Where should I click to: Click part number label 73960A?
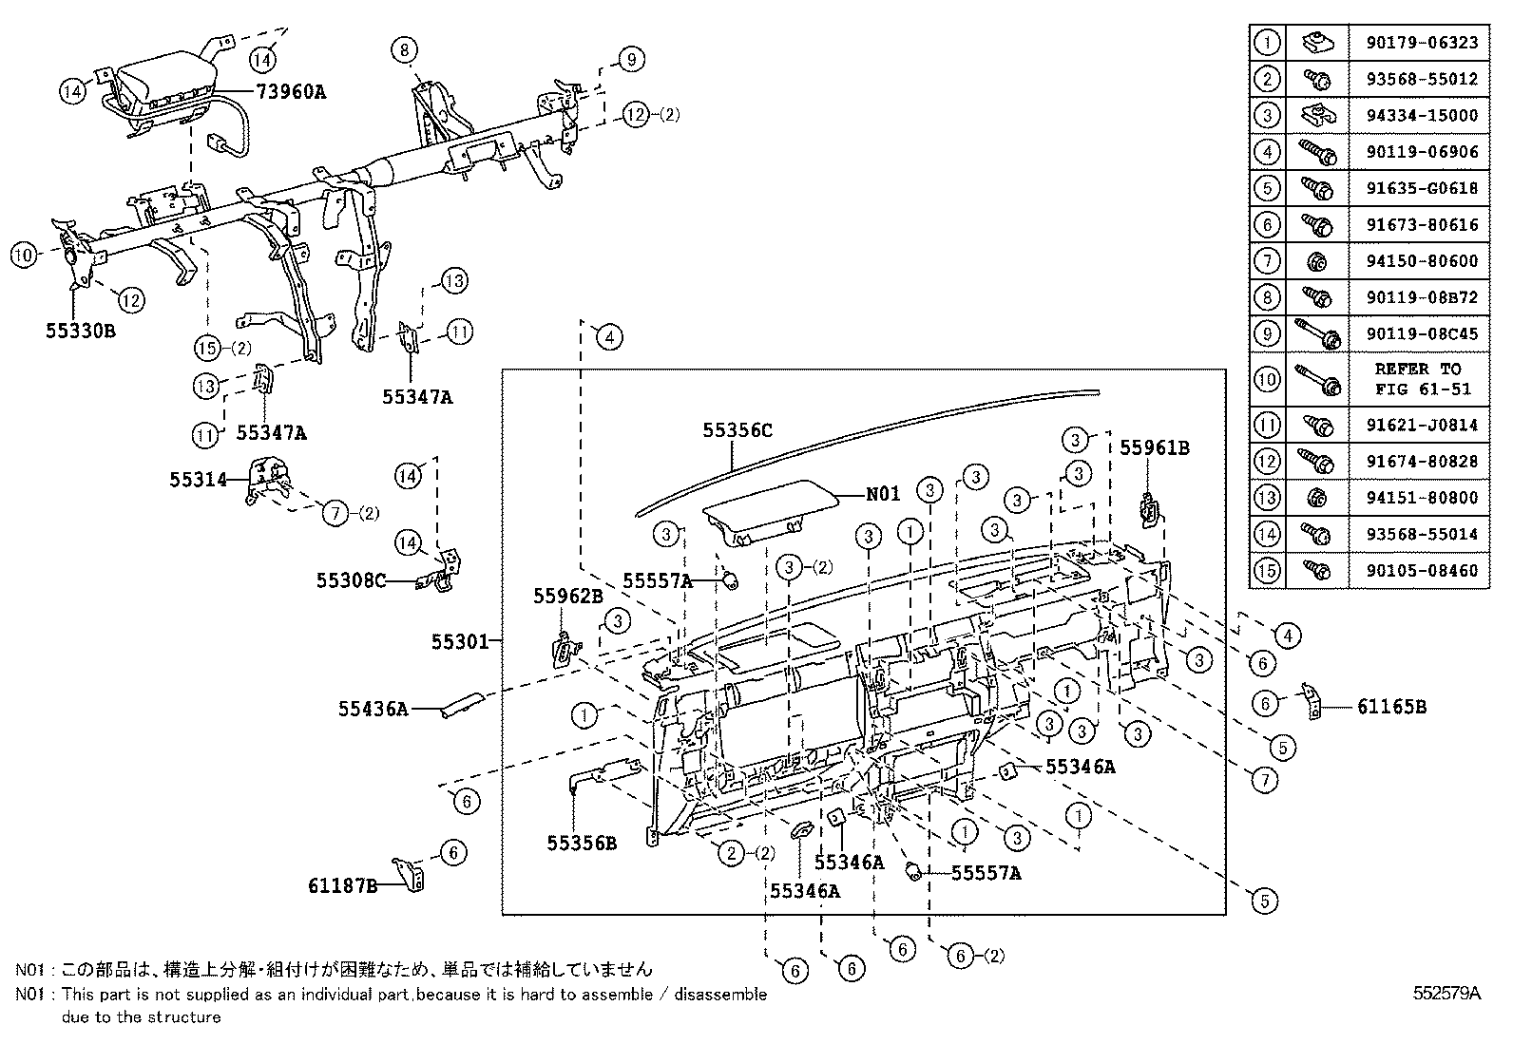(x=290, y=92)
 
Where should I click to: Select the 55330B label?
(x=80, y=331)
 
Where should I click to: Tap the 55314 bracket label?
(x=199, y=480)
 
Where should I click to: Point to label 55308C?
(x=351, y=579)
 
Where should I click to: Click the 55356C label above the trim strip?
(x=737, y=430)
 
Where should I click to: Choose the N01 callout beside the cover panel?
(x=882, y=495)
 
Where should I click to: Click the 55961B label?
(x=1154, y=447)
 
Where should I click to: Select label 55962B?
(x=568, y=596)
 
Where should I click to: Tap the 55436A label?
(x=373, y=708)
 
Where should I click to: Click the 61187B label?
(x=342, y=885)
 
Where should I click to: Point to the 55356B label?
(x=582, y=843)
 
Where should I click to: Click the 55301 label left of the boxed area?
(x=460, y=642)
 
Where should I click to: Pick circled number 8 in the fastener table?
(x=1267, y=296)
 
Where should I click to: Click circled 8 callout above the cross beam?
(x=404, y=49)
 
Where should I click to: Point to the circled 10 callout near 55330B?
(x=24, y=255)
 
